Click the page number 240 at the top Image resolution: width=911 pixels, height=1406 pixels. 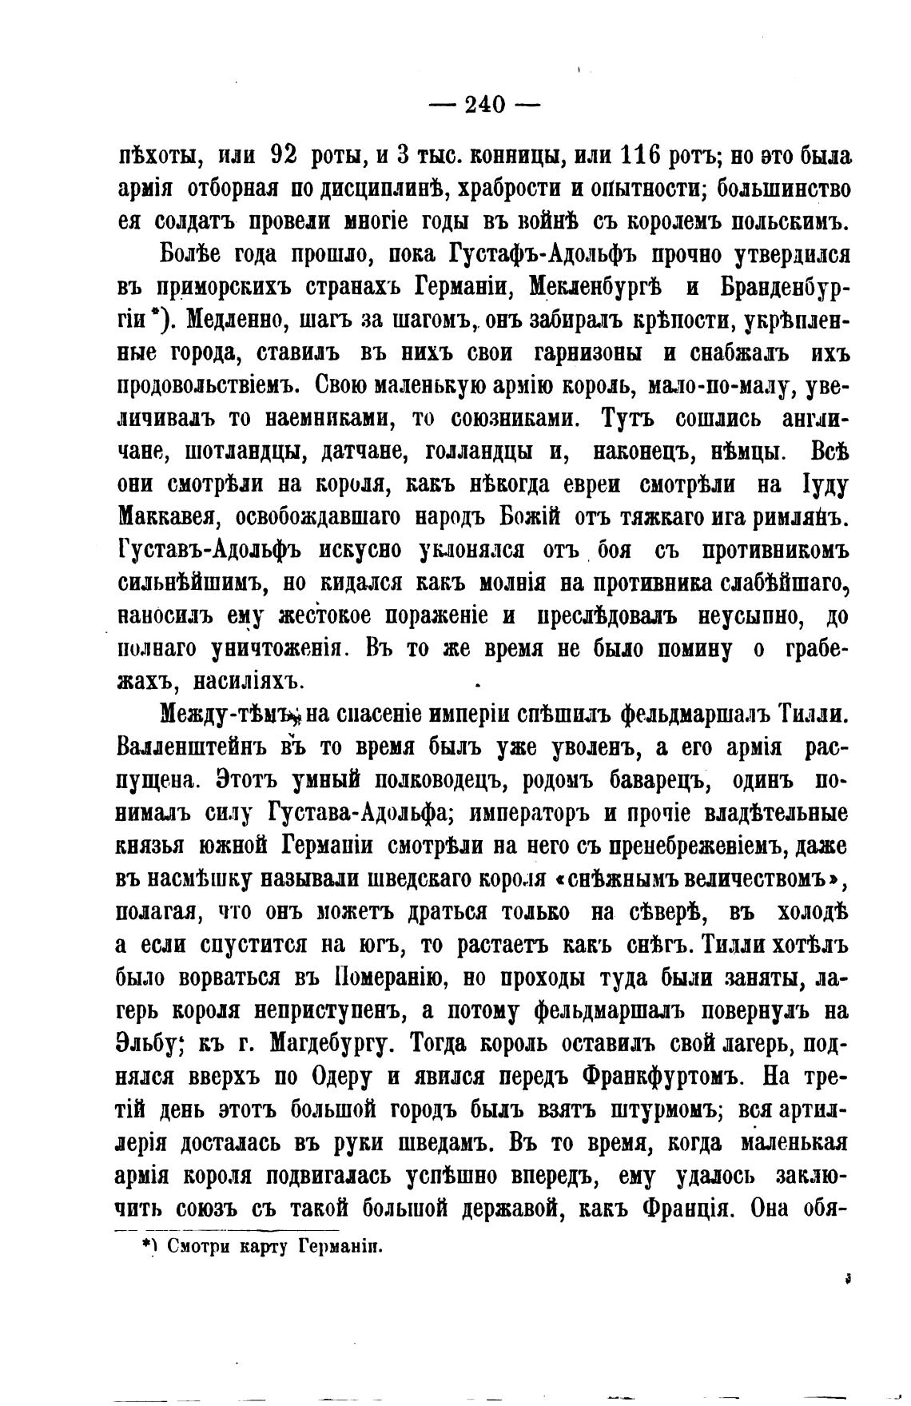[x=485, y=104]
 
